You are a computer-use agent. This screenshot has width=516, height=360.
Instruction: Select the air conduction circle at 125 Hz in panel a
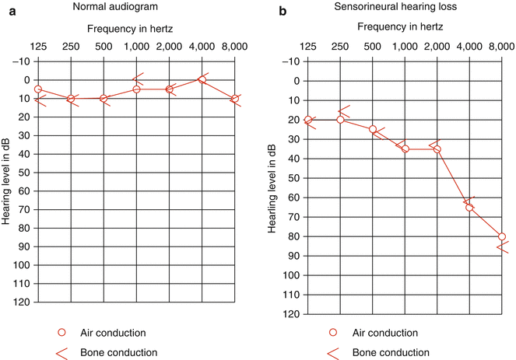pos(38,89)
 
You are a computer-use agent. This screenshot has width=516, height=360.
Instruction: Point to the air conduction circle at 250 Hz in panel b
pos(340,120)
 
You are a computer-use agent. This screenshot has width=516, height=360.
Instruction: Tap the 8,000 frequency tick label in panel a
pos(233,47)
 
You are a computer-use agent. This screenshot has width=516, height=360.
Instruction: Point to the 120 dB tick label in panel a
pos(19,302)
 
